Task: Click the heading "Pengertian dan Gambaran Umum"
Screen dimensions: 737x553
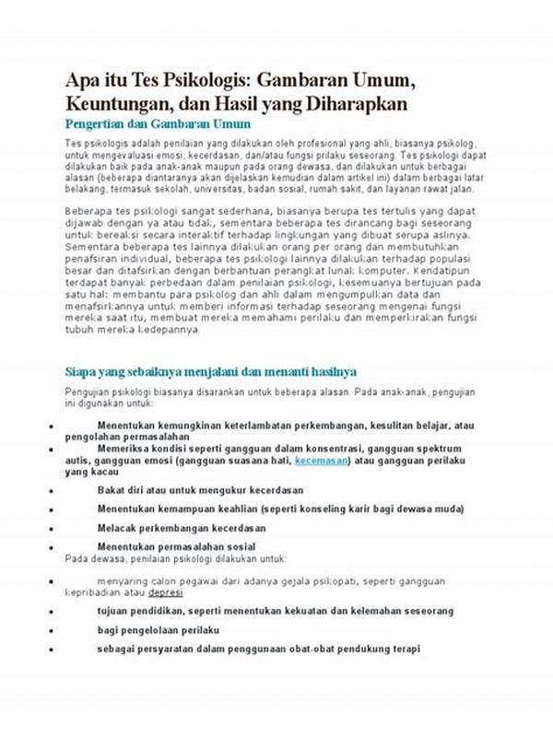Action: click(158, 123)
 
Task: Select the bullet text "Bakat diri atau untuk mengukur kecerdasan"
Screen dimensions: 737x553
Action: click(200, 490)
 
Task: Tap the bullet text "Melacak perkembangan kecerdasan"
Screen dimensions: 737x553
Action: click(182, 528)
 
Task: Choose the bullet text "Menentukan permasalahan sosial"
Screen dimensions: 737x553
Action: click(177, 547)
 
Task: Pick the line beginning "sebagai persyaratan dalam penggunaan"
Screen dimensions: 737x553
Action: click(258, 649)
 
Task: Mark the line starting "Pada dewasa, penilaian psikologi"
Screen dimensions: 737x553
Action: click(175, 559)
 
